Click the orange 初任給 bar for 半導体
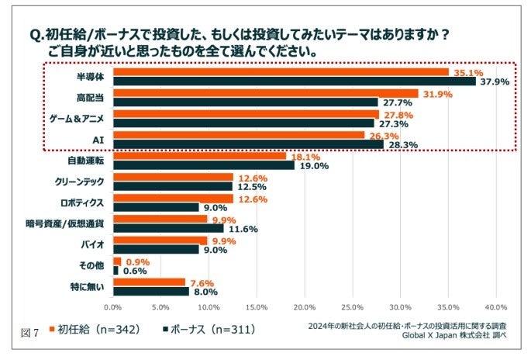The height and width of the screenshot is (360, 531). [x=281, y=72]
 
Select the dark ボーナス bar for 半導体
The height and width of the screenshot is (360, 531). [x=295, y=81]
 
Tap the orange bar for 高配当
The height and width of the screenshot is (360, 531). [x=266, y=93]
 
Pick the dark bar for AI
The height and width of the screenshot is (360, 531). [x=249, y=144]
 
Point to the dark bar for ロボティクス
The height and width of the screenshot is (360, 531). [x=157, y=206]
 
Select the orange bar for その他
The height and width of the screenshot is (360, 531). [x=117, y=261]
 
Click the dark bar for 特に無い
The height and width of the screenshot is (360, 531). [x=151, y=291]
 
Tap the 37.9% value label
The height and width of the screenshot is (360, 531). [x=494, y=81]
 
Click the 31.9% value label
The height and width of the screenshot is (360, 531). [x=437, y=94]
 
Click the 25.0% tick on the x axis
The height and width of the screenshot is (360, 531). [x=352, y=306]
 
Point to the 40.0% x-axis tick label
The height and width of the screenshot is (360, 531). [x=495, y=306]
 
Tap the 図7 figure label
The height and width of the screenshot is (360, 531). [x=29, y=332]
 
